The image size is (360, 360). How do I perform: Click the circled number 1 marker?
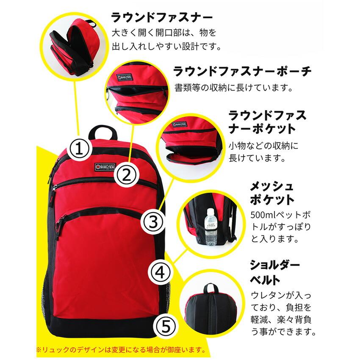coord(79,148)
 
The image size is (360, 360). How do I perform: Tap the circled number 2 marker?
coord(126,175)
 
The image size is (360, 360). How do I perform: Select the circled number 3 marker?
coord(153,222)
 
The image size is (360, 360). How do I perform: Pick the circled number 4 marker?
coord(160,273)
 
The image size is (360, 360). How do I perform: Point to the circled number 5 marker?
coord(166,326)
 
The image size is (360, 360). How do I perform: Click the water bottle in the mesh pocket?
coord(210,227)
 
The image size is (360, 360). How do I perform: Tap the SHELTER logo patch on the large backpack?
coord(105,167)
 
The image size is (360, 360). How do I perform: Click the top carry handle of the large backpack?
coord(102,132)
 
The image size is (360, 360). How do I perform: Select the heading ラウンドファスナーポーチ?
coord(242,71)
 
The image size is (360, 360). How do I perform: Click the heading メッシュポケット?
coord(272,193)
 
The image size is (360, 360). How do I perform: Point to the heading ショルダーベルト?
coord(274,272)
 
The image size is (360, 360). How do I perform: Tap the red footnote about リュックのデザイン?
coord(121,350)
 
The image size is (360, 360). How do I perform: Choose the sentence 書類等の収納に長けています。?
coord(234,88)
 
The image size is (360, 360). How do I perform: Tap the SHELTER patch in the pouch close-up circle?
coord(125,77)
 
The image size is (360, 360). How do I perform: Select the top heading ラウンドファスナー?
coord(162,18)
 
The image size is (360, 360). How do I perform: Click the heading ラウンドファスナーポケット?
coord(268,122)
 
